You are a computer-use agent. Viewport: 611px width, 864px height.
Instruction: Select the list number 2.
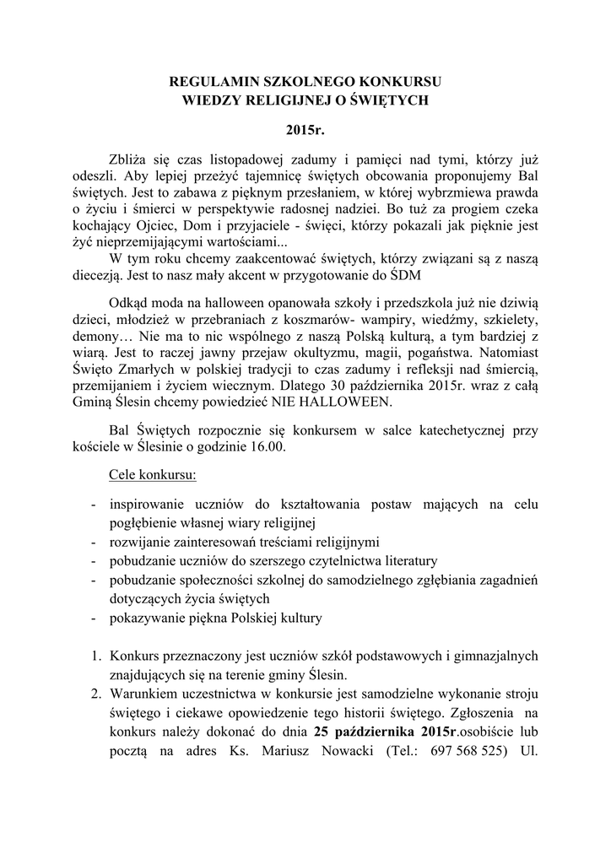point(95,694)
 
